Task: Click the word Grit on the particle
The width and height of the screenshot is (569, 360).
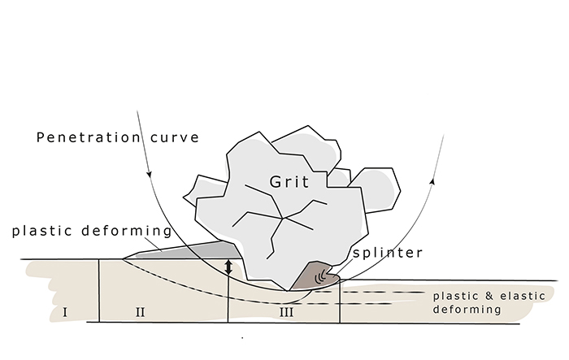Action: [x=289, y=181]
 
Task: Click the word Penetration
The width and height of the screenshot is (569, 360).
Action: [x=88, y=137]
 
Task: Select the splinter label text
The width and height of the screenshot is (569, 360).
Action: [x=388, y=253]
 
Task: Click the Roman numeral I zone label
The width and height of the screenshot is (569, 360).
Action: [x=65, y=312]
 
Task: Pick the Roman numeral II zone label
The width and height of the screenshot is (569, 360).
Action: [x=140, y=312]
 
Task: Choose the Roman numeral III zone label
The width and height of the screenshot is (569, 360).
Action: [x=286, y=312]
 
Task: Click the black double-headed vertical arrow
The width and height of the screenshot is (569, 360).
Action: [x=228, y=267]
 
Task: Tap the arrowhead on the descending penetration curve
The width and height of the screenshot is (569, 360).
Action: [x=149, y=174]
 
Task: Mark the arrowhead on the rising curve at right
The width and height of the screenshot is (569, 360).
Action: [x=432, y=181]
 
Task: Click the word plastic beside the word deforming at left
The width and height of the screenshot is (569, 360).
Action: [x=41, y=231]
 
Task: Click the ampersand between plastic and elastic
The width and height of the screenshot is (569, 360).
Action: [x=489, y=296]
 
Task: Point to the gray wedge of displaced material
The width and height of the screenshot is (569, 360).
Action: [x=185, y=250]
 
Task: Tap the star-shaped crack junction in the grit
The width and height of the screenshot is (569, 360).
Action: [x=282, y=218]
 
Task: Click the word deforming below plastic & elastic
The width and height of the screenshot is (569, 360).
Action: [x=467, y=310]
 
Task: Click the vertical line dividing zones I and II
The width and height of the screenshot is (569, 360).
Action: [x=99, y=290]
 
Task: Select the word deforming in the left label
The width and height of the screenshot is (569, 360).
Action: [x=127, y=231]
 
